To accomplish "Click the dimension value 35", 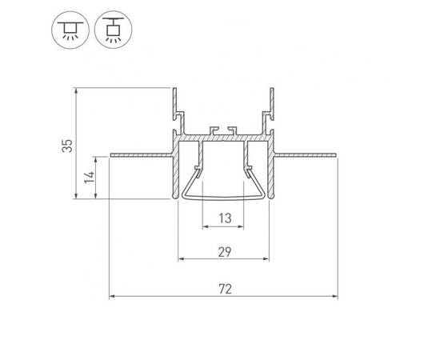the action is [x=67, y=146].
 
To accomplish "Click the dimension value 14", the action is [x=90, y=177].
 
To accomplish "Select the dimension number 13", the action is [x=225, y=218].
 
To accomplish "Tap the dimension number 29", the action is [x=225, y=252].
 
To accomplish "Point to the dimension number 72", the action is [x=225, y=289].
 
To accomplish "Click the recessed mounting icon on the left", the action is [x=70, y=30].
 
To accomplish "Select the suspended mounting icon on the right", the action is [x=113, y=30].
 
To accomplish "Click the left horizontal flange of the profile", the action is [x=141, y=155].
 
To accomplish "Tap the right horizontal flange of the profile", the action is [x=306, y=155].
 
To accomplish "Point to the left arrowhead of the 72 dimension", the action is [x=112, y=296].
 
